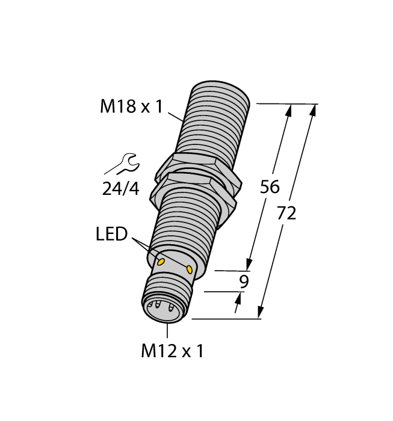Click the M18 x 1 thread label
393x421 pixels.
coord(131,106)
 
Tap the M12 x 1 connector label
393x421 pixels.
coord(172,351)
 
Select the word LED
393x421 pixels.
coord(111,233)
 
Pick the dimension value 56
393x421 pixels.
coord(269,187)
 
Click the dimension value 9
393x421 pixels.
coord(244,281)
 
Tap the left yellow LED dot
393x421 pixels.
coord(161,262)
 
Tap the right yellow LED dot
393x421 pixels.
coord(190,268)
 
